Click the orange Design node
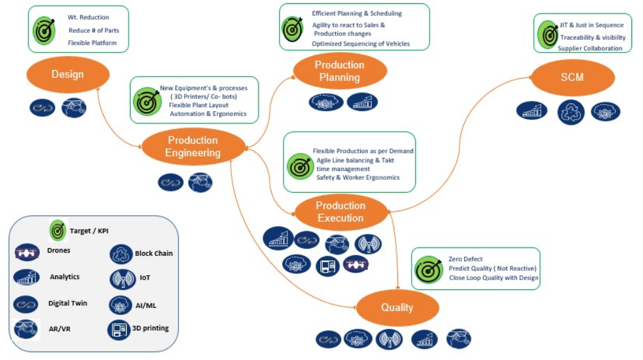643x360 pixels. coord(68,75)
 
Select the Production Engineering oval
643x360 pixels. coord(192,147)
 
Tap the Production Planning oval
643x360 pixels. coord(340,71)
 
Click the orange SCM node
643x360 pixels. coord(572,77)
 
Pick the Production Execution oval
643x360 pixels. coord(340,212)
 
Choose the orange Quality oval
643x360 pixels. coord(397,307)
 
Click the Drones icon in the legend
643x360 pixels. coord(26,253)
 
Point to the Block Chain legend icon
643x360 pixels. coord(121,254)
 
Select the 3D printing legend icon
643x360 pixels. coord(120,329)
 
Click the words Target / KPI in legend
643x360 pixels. coord(93,230)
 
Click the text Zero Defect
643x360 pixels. coord(466,259)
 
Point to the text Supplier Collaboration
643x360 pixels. coord(590,48)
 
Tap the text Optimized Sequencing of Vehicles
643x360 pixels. coord(361,44)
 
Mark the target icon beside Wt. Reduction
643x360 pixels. coord(45,30)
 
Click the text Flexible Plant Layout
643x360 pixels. coord(199,105)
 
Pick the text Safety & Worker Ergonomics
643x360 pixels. coord(358,177)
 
